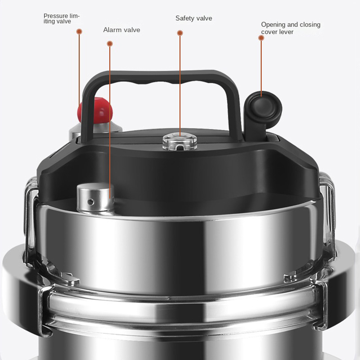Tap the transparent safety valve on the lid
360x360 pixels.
180,142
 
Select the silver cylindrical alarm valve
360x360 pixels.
95,198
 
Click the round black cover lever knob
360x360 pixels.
264,110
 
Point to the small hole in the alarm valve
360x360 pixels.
91,202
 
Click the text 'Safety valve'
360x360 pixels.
194,18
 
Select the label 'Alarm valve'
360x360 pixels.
121,30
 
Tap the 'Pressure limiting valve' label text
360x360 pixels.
61,18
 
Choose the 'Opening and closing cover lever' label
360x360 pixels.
291,28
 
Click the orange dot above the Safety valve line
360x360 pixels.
180,33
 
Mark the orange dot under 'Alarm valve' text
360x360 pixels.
110,44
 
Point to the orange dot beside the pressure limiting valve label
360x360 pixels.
79,31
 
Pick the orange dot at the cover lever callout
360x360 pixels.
261,38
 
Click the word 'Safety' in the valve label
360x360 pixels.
184,18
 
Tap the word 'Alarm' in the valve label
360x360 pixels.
111,30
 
